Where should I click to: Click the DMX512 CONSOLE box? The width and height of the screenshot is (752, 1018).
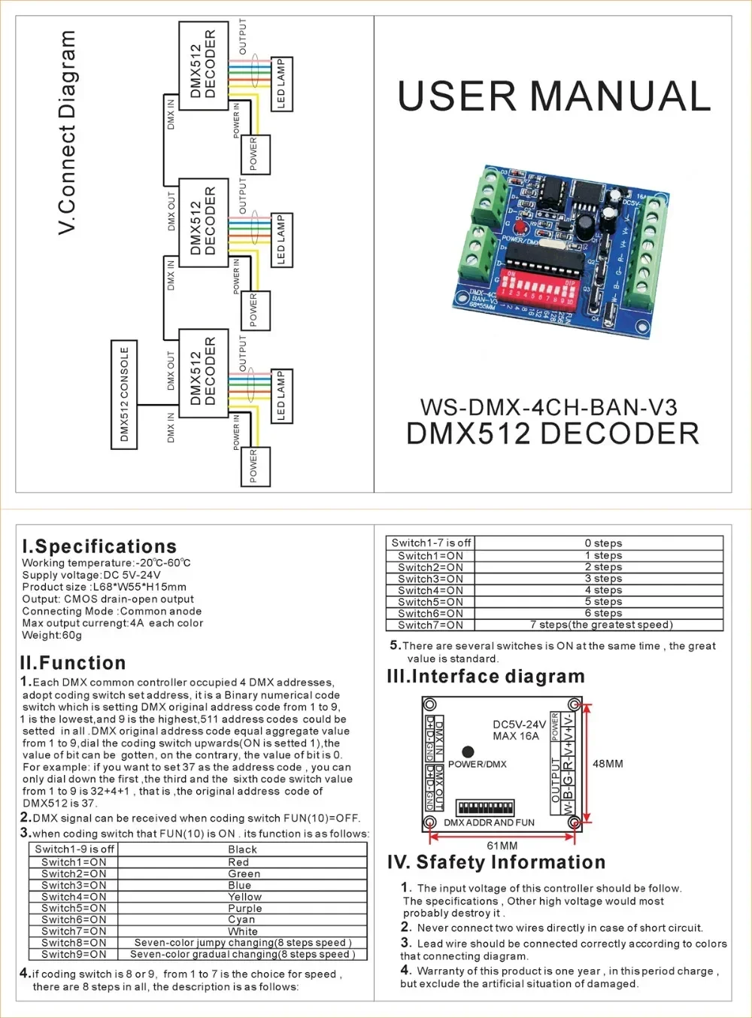point(125,394)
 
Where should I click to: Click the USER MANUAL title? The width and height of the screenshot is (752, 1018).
point(553,96)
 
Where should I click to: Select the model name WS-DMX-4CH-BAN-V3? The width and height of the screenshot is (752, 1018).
point(548,407)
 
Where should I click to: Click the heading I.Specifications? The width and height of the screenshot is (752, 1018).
point(99,546)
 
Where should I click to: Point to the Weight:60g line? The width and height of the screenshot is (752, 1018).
point(52,635)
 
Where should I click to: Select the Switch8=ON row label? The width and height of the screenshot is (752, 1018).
point(74,942)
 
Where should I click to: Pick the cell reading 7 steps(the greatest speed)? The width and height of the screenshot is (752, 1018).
point(601,624)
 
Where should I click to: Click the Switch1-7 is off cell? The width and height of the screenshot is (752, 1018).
point(431,542)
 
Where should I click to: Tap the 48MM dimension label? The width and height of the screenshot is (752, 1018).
point(608,764)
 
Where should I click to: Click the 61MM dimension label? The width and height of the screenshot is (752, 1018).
point(502,846)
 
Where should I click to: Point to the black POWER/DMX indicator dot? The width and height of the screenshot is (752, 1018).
point(468,751)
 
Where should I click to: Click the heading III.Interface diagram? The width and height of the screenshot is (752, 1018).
point(486,676)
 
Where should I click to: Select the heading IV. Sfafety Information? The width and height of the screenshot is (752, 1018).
point(496,862)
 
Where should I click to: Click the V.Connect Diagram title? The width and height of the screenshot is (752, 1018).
point(68,132)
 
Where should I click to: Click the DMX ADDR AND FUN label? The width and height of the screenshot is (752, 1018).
point(489,822)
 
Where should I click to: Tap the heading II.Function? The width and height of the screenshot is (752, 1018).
point(73,663)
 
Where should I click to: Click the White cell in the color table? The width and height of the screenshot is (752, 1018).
point(243,931)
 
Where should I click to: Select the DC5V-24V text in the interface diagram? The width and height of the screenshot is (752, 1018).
point(519,725)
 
